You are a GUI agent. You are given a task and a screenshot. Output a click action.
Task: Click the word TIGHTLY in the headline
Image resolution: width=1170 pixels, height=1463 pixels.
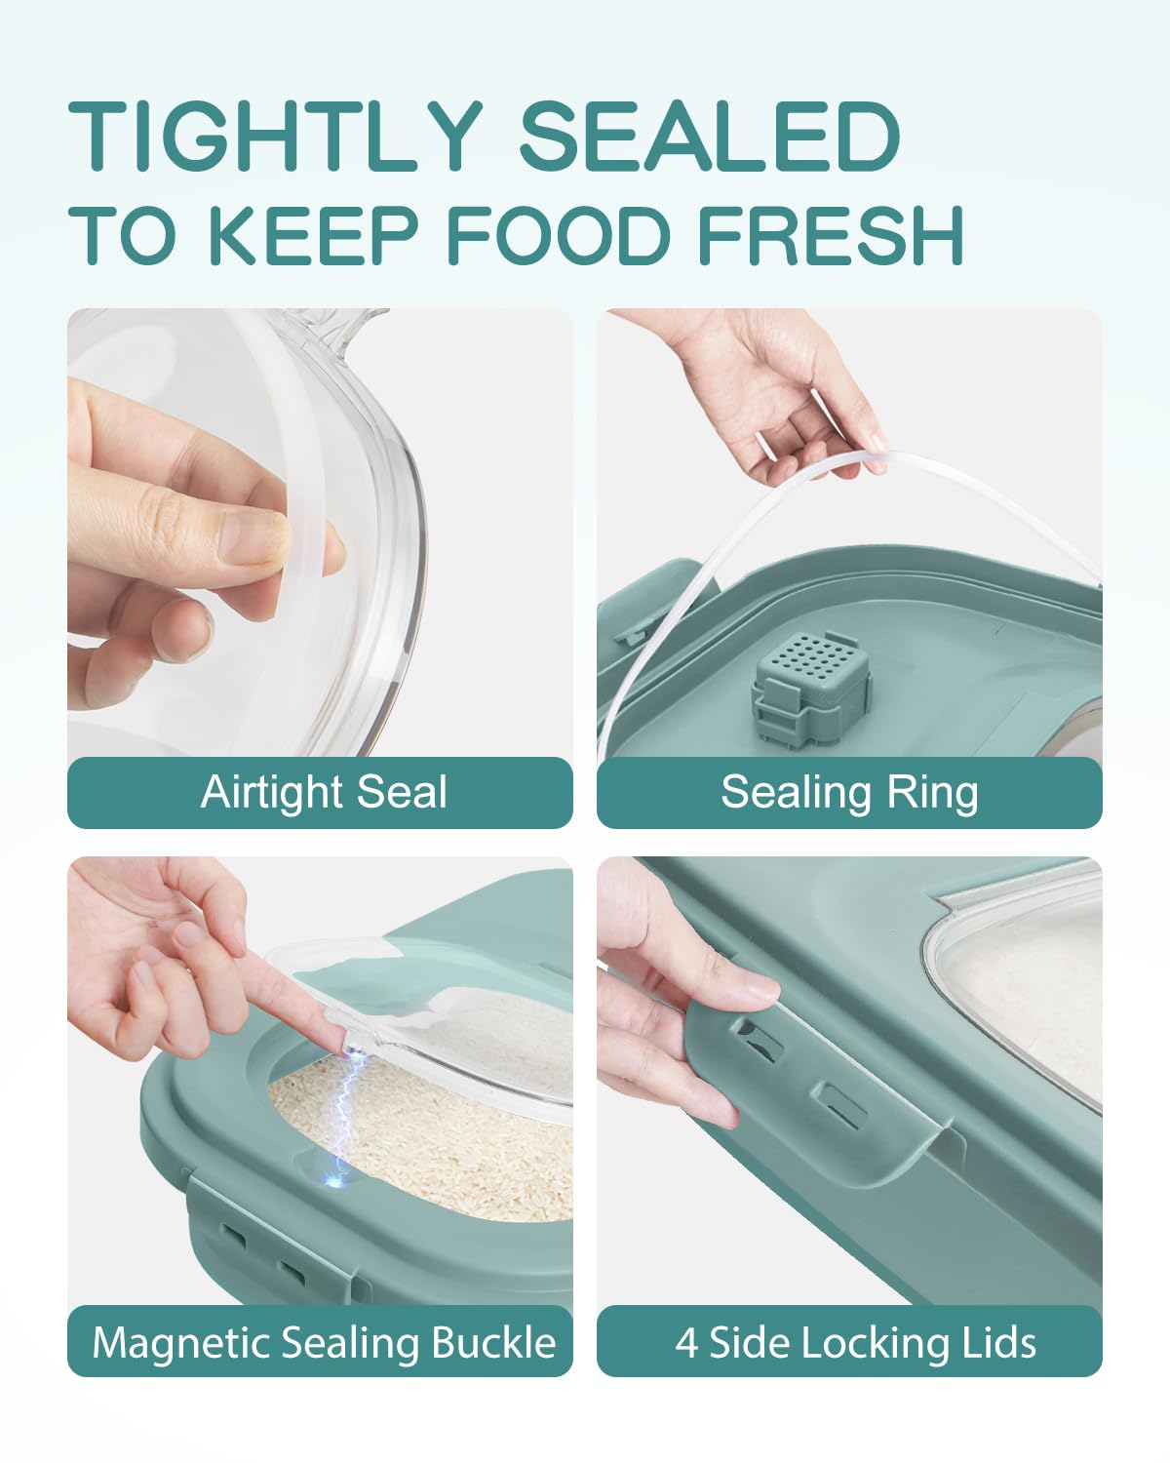click(x=275, y=136)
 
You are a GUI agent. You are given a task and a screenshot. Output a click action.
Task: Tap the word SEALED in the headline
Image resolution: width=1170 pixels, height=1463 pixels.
click(x=710, y=136)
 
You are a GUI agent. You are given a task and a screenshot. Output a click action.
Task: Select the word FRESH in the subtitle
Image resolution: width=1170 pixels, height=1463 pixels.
click(x=830, y=234)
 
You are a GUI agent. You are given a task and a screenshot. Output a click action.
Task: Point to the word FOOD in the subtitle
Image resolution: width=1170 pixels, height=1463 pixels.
click(x=558, y=234)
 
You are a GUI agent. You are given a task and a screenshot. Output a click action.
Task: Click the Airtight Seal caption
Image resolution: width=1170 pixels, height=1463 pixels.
click(x=324, y=793)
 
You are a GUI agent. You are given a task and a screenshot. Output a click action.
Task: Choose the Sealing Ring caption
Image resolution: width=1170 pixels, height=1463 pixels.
click(x=849, y=793)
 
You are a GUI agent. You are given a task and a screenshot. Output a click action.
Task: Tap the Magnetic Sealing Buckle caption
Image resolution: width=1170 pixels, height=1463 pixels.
click(x=324, y=1343)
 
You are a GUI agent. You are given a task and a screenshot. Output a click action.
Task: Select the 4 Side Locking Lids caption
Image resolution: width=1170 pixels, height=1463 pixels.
click(x=855, y=1342)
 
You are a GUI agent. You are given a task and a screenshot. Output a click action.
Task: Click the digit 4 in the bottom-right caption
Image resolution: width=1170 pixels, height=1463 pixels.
click(x=686, y=1342)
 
